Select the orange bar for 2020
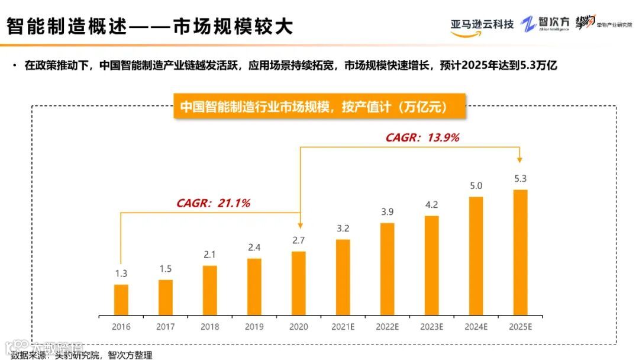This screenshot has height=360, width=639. pyautogui.click(x=299, y=282)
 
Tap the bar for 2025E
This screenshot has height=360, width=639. pyautogui.click(x=520, y=252)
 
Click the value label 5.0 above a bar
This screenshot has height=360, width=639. pyautogui.click(x=476, y=186)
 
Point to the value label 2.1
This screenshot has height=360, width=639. pyautogui.click(x=209, y=255)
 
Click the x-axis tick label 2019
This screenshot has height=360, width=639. pyautogui.click(x=254, y=326)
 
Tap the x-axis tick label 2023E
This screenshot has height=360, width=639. pyautogui.click(x=431, y=326)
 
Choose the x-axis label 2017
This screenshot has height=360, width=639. pyautogui.click(x=165, y=326)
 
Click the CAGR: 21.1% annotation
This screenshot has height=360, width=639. pyautogui.click(x=213, y=203)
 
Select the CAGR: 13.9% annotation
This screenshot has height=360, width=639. pyautogui.click(x=422, y=137)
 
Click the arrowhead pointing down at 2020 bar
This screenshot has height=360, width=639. pyautogui.click(x=300, y=226)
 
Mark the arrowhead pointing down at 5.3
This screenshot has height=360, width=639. pyautogui.click(x=520, y=159)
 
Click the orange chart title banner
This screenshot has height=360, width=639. pyautogui.click(x=319, y=107)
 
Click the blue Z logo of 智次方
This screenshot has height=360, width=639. pyautogui.click(x=528, y=24)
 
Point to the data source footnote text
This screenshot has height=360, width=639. pyautogui.click(x=82, y=355)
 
